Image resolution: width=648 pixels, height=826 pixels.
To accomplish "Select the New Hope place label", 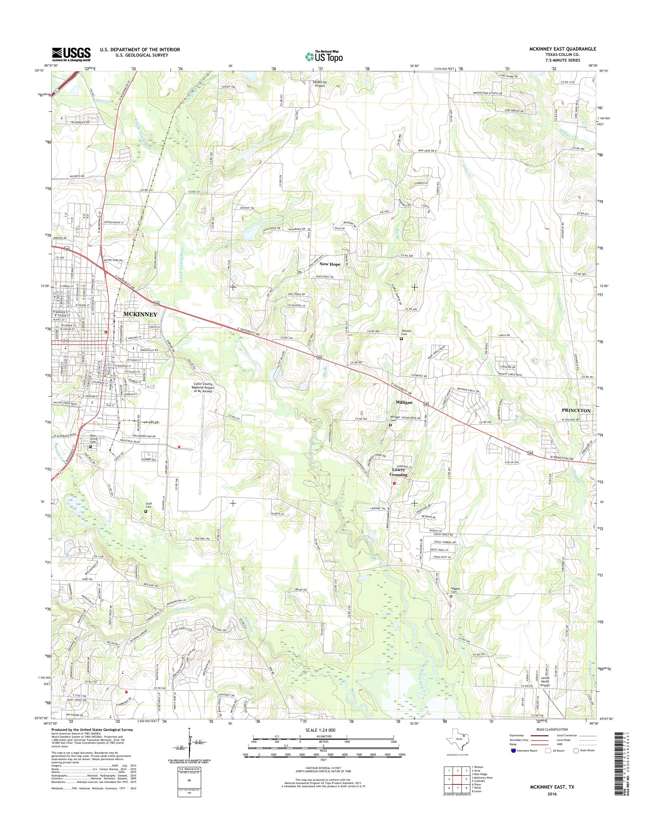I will (330, 264).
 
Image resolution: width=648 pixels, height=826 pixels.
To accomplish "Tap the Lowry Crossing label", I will (398, 472).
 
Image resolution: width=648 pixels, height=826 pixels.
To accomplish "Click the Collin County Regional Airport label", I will (204, 387).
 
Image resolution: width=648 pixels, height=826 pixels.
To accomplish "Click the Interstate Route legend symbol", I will (514, 751).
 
